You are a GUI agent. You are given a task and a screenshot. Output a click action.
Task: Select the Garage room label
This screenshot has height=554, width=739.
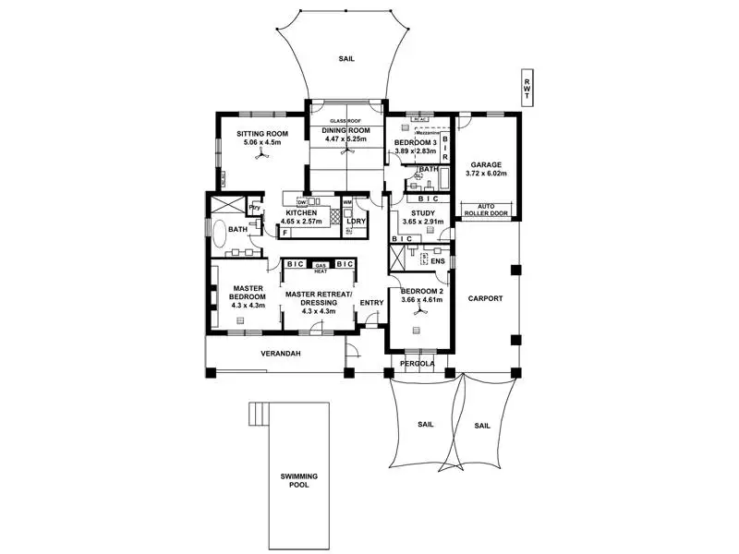(x=485, y=165)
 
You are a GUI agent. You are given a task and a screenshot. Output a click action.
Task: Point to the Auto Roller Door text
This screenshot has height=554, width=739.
(x=486, y=211)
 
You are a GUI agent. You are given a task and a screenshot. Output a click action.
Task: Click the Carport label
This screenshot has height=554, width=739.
(x=485, y=299)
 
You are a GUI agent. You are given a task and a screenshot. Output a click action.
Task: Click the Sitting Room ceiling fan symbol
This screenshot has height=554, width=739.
(x=261, y=158)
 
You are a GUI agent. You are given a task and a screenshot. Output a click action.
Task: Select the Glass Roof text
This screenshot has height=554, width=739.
(x=346, y=121)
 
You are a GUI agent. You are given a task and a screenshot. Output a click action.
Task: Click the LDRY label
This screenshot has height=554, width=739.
(x=355, y=221)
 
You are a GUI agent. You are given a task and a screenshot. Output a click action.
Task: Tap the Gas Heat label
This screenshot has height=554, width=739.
(x=321, y=267)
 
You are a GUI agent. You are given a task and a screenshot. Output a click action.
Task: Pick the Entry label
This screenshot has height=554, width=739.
(x=371, y=302)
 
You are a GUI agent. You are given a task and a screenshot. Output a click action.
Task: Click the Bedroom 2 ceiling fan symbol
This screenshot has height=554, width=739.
(x=421, y=314)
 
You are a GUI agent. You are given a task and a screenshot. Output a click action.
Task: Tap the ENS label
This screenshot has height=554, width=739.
(x=438, y=261)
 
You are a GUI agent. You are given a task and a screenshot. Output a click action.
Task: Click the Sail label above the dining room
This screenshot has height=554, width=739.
(x=346, y=59)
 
